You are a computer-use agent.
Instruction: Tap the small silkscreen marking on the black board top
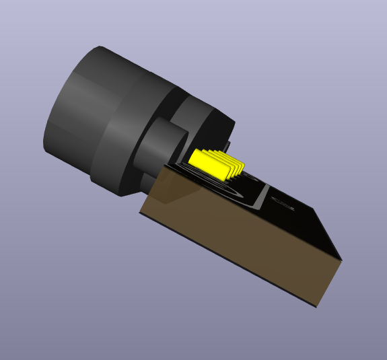282,203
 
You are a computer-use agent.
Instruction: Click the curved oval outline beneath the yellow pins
222,188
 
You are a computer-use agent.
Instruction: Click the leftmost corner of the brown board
140,213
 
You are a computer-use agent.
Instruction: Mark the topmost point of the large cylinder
101,46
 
